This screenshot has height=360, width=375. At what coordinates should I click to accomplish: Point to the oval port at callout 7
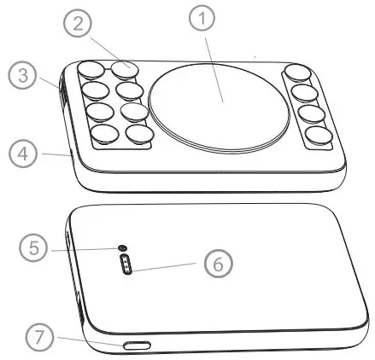[x=136, y=346]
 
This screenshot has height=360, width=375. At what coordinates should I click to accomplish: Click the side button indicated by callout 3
[x=62, y=89]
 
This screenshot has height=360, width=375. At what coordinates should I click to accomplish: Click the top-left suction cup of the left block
[x=90, y=72]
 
